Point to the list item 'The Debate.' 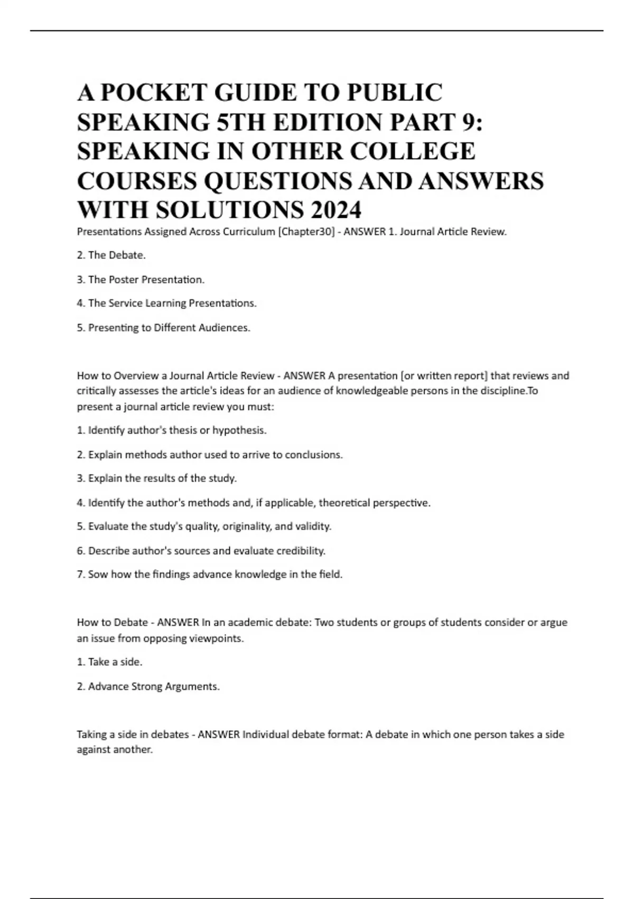pos(116,255)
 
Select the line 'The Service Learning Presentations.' pos(172,304)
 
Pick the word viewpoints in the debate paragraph pos(217,639)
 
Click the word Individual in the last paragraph pos(266,735)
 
